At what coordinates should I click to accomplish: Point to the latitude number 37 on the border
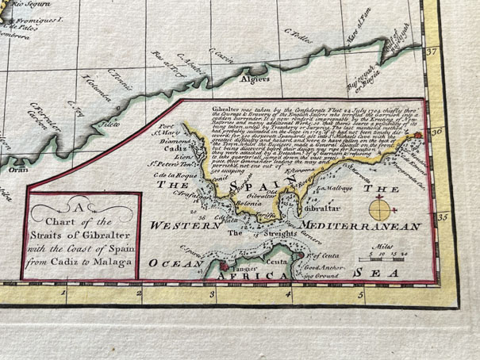(x=432, y=53)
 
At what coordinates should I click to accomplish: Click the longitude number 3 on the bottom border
(x=213, y=294)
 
